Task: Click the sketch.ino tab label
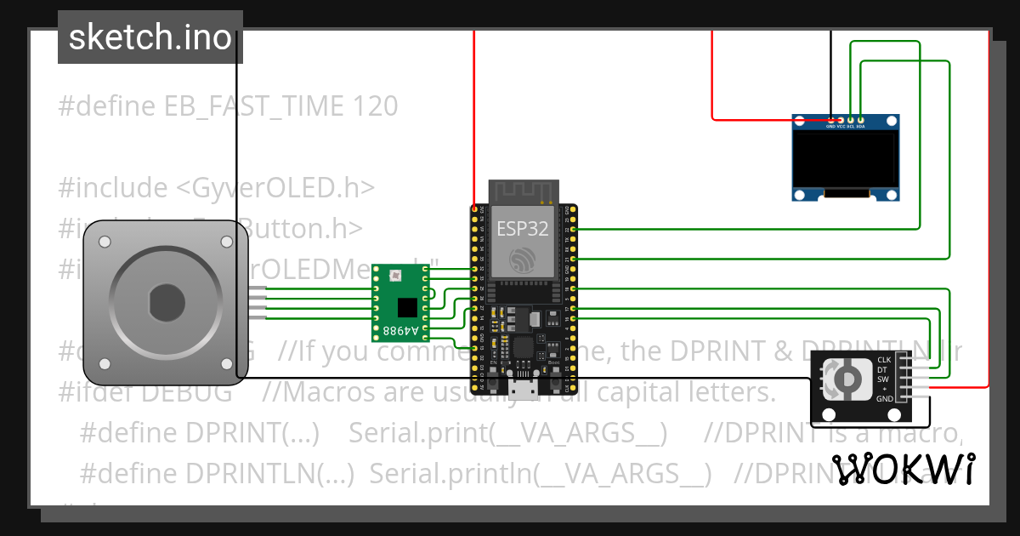tap(150, 37)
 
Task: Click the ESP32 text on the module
tap(523, 228)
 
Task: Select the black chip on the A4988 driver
tap(408, 305)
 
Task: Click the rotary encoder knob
tap(845, 379)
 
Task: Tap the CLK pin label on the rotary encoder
tap(884, 361)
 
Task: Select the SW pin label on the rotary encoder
tap(884, 379)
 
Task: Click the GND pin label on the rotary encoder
tap(884, 398)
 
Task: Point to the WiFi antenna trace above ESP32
tap(524, 192)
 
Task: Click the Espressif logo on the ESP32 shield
tap(523, 259)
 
